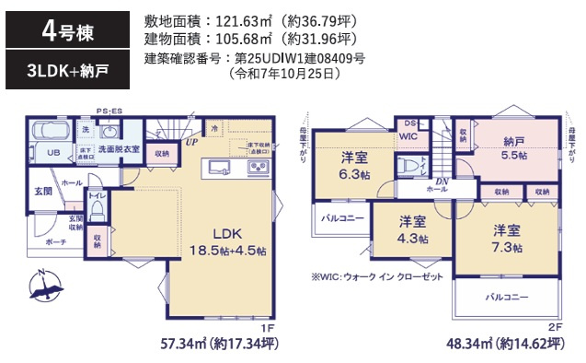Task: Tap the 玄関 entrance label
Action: click(43, 191)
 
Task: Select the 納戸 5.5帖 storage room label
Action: click(515, 148)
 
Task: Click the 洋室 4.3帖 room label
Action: click(412, 230)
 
